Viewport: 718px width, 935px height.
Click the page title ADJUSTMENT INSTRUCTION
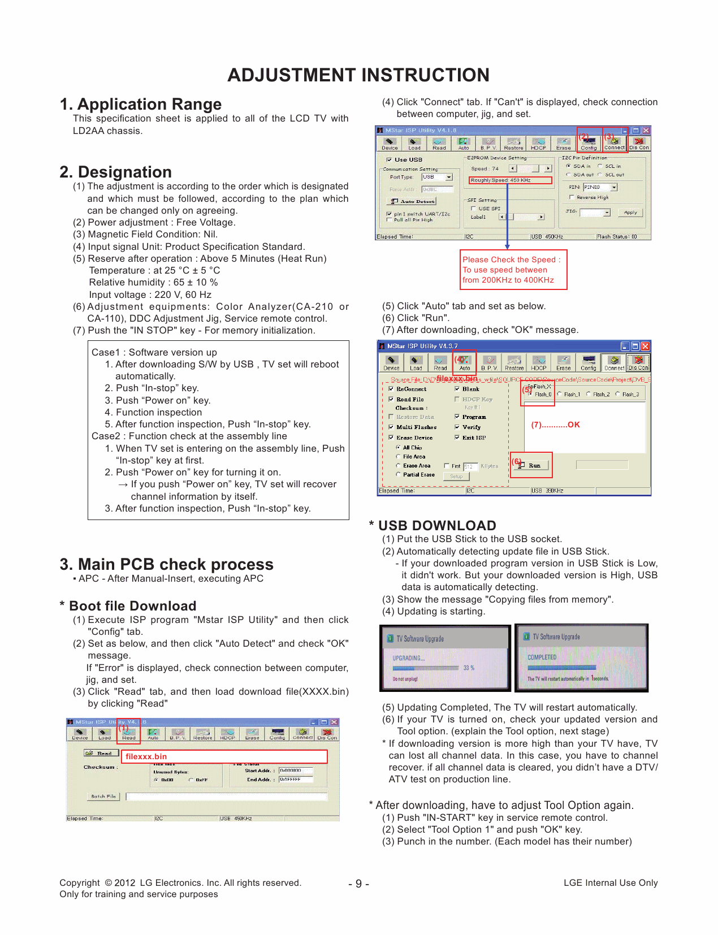pyautogui.click(x=358, y=75)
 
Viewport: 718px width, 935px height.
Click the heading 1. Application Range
pyautogui.click(x=141, y=104)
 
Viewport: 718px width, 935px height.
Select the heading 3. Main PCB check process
pyautogui.click(x=166, y=564)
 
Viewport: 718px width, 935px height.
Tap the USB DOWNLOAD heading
pyautogui.click(x=436, y=525)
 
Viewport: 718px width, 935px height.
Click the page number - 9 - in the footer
pyautogui.click(x=358, y=884)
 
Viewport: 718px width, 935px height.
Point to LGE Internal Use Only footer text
pyautogui.click(x=610, y=882)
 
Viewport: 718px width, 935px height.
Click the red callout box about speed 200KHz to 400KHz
pyautogui.click(x=513, y=270)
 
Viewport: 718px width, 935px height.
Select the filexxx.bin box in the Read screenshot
pyautogui.click(x=224, y=756)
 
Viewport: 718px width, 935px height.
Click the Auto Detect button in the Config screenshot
pyautogui.click(x=413, y=201)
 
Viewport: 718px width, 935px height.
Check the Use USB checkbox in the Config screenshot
pyautogui.click(x=390, y=160)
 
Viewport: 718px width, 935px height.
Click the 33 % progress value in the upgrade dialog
pyautogui.click(x=468, y=668)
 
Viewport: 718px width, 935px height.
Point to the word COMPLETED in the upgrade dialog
pyautogui.click(x=542, y=657)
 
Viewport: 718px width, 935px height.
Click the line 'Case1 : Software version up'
pyautogui.click(x=154, y=352)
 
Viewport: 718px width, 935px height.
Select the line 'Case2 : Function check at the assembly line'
pyautogui.click(x=189, y=436)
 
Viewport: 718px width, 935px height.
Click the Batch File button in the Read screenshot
pyautogui.click(x=103, y=796)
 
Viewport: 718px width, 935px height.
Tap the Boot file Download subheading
pyautogui.click(x=132, y=605)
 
